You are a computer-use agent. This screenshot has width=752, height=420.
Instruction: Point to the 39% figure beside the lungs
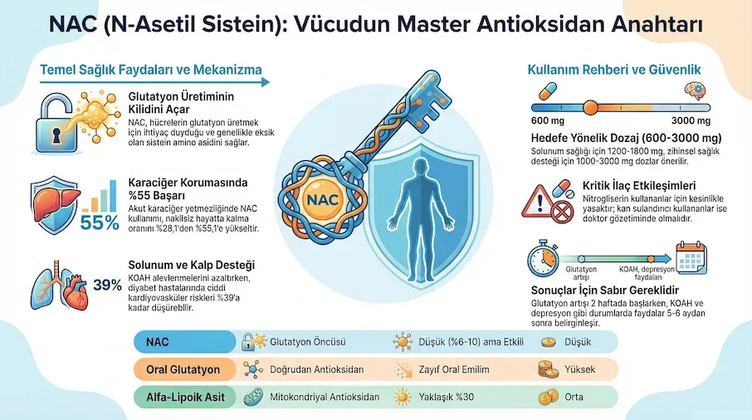107,286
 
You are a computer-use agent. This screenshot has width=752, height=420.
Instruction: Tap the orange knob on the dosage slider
590,106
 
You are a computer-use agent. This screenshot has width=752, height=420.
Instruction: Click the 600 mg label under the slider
547,123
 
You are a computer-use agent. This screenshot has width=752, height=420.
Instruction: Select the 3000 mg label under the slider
677,123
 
